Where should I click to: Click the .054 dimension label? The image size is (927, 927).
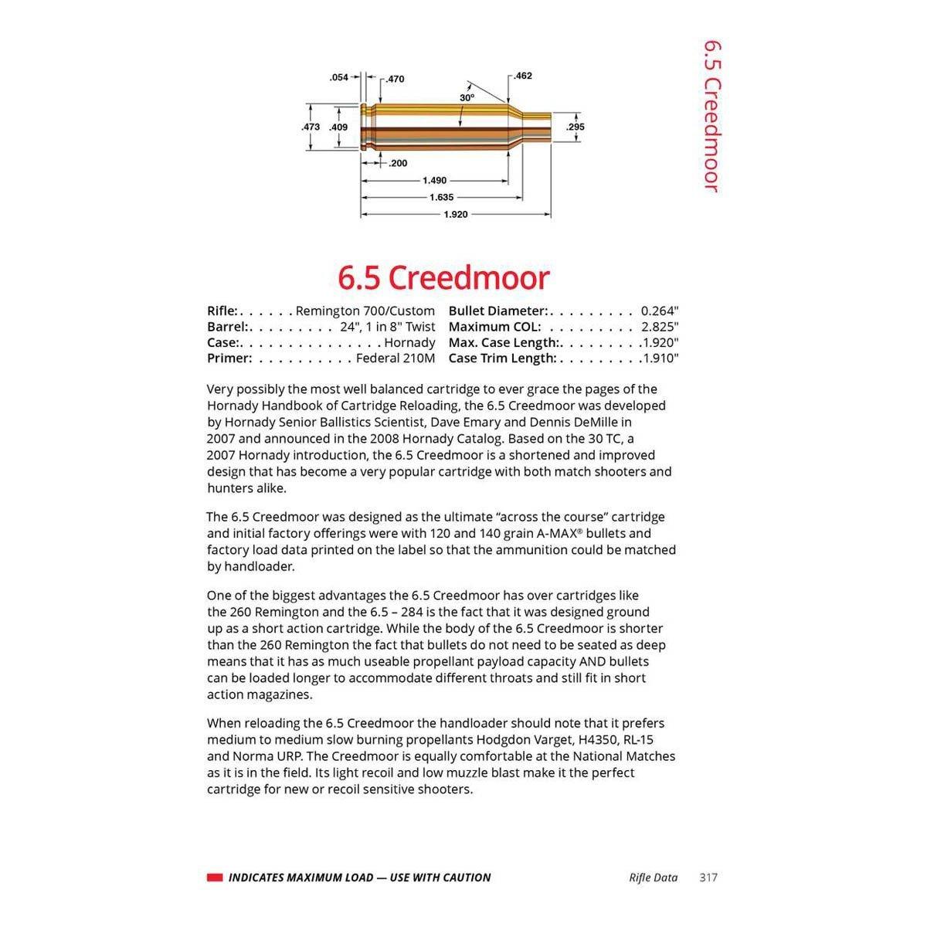coord(338,77)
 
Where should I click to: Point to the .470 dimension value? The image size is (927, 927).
coord(395,79)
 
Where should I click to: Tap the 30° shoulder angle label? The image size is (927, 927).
coord(467,98)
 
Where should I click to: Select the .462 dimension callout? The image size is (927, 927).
coord(523,76)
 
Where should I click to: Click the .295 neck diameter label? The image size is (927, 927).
coord(576,127)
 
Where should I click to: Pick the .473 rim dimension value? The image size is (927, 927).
coord(311,127)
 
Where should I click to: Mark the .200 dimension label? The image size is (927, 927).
coord(398,163)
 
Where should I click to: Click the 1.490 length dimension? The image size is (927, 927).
coord(434,180)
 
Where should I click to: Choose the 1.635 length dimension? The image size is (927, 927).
coord(441,197)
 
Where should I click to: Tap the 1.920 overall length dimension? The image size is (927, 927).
coord(455,214)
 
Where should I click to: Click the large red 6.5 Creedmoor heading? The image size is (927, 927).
coord(443,277)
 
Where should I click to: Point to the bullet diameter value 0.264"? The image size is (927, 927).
coord(659,311)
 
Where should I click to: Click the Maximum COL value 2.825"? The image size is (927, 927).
coord(659,327)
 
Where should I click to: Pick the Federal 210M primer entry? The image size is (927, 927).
coord(395,358)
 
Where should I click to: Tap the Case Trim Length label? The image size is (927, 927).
coord(502,358)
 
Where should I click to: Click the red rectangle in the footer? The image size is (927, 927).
coord(215,878)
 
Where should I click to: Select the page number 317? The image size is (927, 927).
coord(708,878)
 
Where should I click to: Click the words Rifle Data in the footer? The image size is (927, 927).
coord(654,878)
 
